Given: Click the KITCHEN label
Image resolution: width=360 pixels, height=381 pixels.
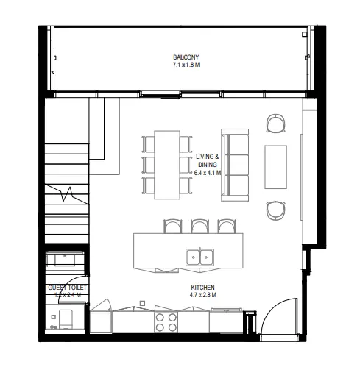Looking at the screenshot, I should tap(202, 288).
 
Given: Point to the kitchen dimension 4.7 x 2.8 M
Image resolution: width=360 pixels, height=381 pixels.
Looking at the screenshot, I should tap(202, 296).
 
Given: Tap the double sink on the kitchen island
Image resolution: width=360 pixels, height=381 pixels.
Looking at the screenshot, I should tap(200, 256).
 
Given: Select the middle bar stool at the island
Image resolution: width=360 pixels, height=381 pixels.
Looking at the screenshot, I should tap(200, 225).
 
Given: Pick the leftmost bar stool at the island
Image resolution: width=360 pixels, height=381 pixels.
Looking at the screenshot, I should tap(172, 225).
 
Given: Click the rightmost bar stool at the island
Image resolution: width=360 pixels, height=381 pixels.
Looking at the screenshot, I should tap(226, 225).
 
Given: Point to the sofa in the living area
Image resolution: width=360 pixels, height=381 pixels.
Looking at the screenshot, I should tap(236, 165).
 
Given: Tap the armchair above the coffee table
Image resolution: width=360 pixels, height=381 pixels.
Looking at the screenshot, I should tap(276, 124).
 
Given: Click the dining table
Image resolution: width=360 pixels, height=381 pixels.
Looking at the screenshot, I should tap(167, 164).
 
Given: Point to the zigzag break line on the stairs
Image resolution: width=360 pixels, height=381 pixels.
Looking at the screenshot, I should tap(69, 195).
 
